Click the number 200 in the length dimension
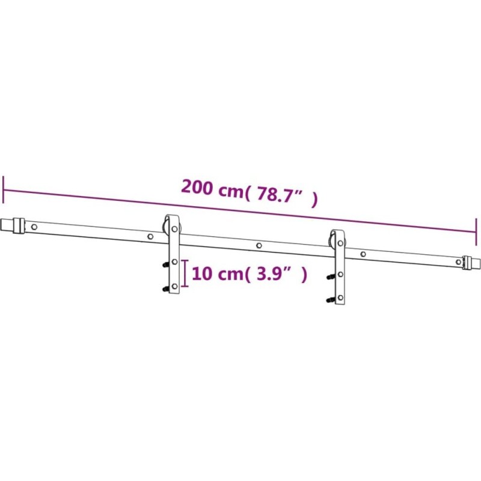[x=197, y=187]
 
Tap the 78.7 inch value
[x=276, y=194]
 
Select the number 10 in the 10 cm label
[x=202, y=274]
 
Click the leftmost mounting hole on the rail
[x=34, y=227]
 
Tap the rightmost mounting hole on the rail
[x=458, y=262]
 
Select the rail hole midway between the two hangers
[x=259, y=245]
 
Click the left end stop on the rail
[x=19, y=226]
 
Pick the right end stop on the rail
[x=468, y=263]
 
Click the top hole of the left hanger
[x=174, y=229]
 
